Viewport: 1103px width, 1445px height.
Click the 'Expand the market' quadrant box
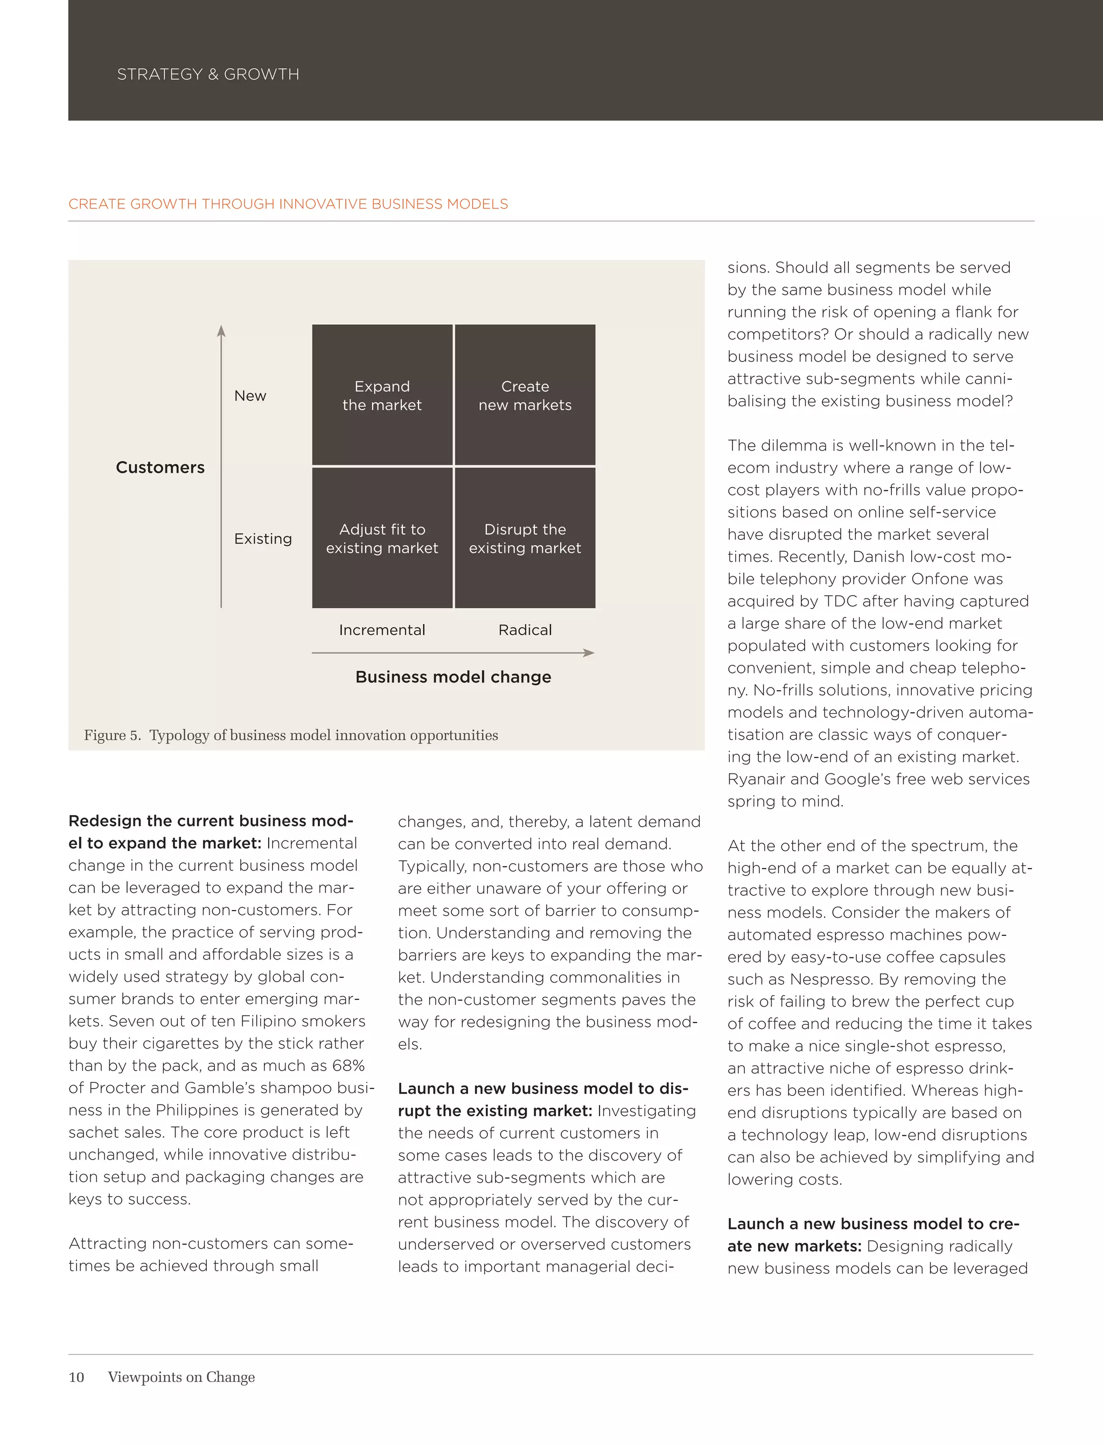tap(382, 395)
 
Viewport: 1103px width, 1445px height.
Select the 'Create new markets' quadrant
tap(525, 395)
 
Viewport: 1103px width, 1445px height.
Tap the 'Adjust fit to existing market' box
tap(382, 538)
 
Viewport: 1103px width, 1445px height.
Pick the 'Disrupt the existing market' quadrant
tap(525, 538)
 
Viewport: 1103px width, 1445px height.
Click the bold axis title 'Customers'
tap(160, 468)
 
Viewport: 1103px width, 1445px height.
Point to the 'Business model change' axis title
tap(453, 677)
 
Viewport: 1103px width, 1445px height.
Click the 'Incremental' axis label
tap(382, 630)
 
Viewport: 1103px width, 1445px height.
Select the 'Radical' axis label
tap(525, 630)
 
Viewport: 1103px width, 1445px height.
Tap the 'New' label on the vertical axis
tap(250, 395)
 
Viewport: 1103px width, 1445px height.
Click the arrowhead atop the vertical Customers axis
tap(221, 330)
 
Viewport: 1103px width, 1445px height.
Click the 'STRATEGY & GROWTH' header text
tap(208, 74)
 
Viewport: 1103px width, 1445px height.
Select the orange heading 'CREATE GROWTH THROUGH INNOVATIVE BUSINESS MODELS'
tap(288, 204)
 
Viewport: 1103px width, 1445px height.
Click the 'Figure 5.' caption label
tap(111, 735)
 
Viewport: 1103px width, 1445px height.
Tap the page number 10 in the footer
tap(76, 1377)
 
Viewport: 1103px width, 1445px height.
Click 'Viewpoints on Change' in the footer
tap(181, 1377)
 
